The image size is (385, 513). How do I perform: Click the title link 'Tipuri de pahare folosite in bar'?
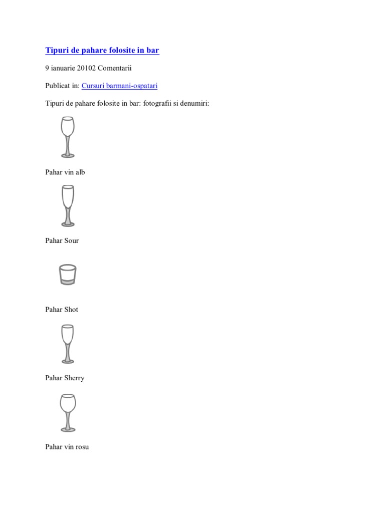(102, 50)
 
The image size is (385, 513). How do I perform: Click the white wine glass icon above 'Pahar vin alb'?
(67, 136)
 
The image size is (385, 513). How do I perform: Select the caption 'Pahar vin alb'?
(65, 172)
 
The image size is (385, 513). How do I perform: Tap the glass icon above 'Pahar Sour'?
(67, 205)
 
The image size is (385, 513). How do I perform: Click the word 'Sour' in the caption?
(72, 241)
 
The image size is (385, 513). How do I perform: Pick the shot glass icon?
(67, 275)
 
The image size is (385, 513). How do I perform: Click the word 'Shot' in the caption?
(71, 310)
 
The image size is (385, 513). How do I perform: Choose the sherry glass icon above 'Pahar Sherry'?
(67, 343)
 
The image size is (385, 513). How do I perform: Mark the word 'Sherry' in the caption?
(74, 378)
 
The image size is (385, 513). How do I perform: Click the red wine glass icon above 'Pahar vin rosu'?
(67, 412)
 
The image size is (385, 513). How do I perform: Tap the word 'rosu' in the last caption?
(82, 447)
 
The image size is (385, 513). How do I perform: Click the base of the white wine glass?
(68, 155)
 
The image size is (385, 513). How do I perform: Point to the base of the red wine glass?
(68, 429)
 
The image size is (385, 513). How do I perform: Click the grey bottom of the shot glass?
(67, 282)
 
